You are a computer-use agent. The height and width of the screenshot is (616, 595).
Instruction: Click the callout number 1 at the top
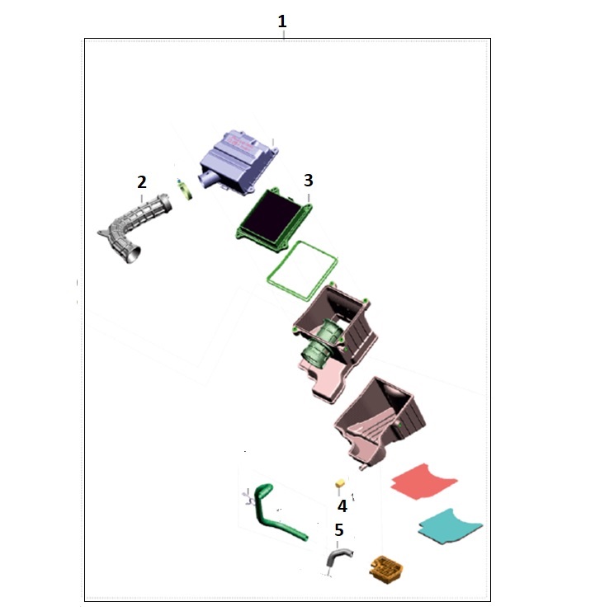[x=282, y=21]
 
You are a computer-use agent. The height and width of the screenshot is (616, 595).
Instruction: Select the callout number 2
[x=142, y=182]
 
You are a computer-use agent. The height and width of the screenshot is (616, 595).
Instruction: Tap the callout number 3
[x=309, y=181]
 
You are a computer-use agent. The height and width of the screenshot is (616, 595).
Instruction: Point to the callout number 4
[x=342, y=506]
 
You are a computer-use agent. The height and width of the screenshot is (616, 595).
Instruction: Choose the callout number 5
[x=339, y=530]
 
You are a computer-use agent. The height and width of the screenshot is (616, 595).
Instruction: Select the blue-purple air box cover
[x=238, y=162]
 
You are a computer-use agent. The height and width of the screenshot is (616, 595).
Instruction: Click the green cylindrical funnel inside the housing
[x=323, y=341]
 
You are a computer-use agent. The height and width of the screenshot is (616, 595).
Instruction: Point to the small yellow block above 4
[x=340, y=482]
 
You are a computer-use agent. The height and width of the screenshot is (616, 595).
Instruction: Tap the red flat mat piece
[x=423, y=482]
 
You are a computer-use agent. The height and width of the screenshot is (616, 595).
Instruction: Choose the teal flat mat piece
[x=450, y=526]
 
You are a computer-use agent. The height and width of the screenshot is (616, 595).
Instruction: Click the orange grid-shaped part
[x=386, y=569]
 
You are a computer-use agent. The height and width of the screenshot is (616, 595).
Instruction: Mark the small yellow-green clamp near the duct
[x=184, y=189]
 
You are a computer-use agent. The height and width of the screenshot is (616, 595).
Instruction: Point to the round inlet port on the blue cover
[x=206, y=180]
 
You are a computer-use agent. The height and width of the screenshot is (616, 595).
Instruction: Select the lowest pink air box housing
[x=380, y=422]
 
